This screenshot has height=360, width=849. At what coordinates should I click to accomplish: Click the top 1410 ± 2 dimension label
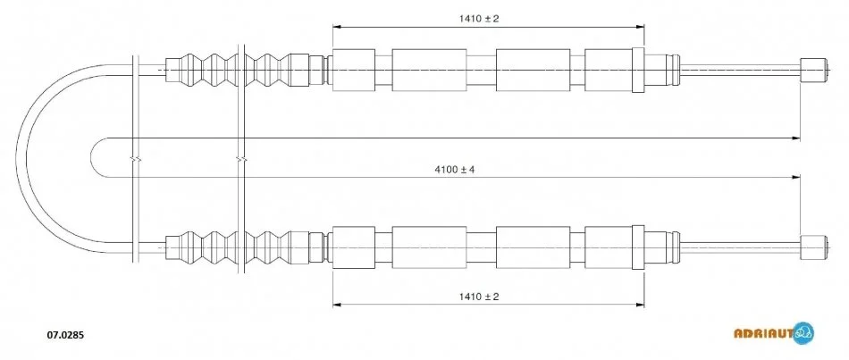479,19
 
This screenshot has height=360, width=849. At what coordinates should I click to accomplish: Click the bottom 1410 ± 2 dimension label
479,297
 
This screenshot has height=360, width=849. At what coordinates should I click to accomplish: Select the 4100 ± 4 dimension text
454,170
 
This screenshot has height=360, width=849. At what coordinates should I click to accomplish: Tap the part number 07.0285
63,335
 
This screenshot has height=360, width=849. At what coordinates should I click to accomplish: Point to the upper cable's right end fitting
814,70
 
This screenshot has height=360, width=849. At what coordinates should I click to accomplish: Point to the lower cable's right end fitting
814,247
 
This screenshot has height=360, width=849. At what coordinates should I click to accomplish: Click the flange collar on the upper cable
638,70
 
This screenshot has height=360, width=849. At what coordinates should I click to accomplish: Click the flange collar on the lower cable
638,247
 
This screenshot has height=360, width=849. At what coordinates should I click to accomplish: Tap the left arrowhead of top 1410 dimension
336,26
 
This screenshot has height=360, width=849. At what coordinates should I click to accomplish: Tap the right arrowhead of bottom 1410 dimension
641,305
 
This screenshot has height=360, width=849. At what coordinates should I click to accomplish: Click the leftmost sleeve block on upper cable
354,70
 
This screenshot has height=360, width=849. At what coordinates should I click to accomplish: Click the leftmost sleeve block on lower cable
354,247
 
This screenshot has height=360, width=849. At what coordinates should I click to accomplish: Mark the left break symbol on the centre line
136,159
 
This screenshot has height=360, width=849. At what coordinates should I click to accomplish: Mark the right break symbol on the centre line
241,159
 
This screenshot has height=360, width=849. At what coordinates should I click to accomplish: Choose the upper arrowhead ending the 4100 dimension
796,138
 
